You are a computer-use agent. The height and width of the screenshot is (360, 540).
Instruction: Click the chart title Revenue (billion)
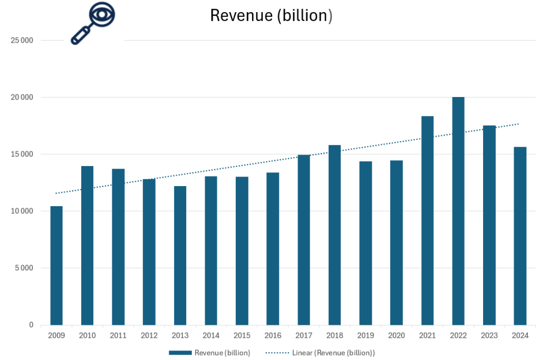pyautogui.click(x=271, y=16)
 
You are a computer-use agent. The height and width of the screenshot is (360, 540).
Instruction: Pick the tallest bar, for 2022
pyautogui.click(x=458, y=211)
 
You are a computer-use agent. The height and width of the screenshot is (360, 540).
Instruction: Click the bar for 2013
pyautogui.click(x=180, y=255)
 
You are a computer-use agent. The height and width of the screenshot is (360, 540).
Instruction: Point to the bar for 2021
pyautogui.click(x=427, y=220)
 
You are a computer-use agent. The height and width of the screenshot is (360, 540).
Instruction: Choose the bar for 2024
pyautogui.click(x=520, y=236)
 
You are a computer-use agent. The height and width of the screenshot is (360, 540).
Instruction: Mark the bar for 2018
pyautogui.click(x=334, y=235)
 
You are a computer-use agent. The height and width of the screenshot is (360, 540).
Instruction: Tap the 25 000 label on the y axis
pyautogui.click(x=22, y=41)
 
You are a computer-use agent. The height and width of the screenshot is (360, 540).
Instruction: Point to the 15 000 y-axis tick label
pyautogui.click(x=22, y=154)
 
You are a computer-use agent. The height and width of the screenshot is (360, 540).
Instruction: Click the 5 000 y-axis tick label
pyautogui.click(x=24, y=268)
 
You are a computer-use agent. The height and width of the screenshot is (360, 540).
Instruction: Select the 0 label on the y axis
pyautogui.click(x=31, y=325)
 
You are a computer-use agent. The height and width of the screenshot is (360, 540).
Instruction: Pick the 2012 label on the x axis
pyautogui.click(x=149, y=335)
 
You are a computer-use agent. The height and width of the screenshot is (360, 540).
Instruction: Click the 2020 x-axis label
pyautogui.click(x=396, y=335)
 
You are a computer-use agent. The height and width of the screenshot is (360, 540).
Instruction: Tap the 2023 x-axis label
pyautogui.click(x=489, y=335)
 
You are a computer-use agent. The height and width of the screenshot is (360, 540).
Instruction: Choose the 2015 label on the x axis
pyautogui.click(x=242, y=335)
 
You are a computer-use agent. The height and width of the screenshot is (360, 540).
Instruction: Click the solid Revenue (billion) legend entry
pyautogui.click(x=209, y=353)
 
